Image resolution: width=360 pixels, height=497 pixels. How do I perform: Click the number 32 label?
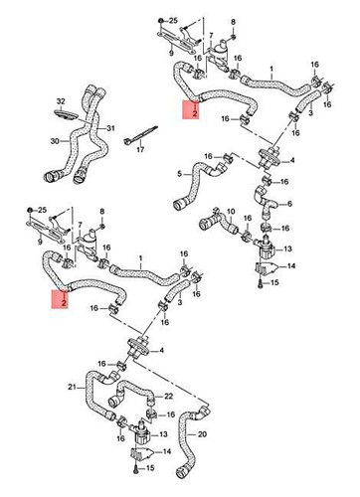[x=61, y=102]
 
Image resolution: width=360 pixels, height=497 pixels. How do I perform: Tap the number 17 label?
[x=140, y=149]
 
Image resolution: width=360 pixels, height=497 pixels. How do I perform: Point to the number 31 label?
[x=110, y=128]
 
